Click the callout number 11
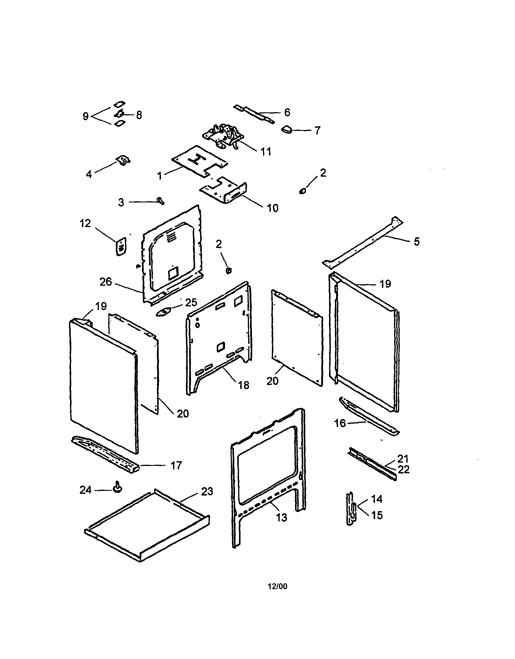point(266,152)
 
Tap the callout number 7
point(317,131)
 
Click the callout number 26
point(106,282)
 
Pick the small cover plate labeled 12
point(121,247)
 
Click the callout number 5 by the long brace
point(416,241)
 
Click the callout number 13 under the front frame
point(282,518)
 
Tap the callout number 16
point(340,423)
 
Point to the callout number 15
point(377,515)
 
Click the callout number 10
point(272,208)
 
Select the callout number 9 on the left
point(86,116)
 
